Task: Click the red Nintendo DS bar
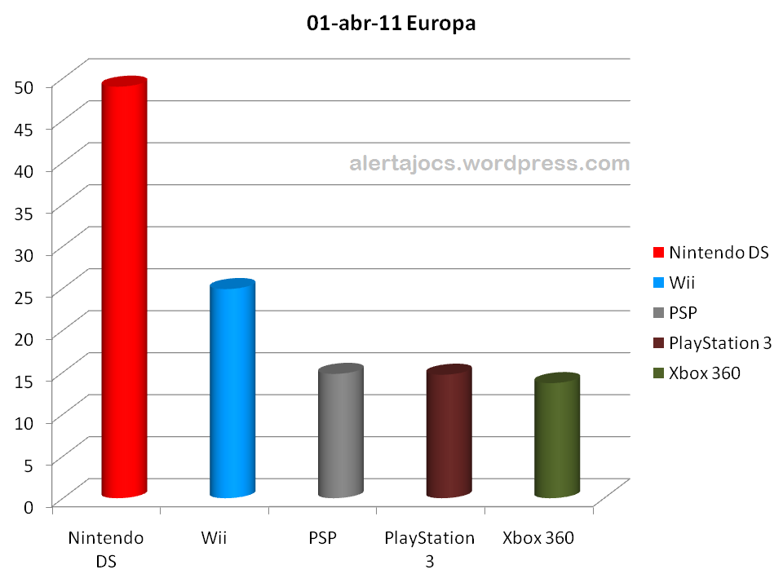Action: [x=123, y=289]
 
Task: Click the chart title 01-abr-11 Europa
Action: [x=391, y=24]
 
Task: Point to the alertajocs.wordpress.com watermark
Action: [x=489, y=163]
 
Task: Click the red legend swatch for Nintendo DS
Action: [x=657, y=253]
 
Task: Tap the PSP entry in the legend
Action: [x=683, y=313]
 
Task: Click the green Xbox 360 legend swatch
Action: [x=657, y=373]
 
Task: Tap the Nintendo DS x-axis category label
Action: [x=106, y=549]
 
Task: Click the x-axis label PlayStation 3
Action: [x=429, y=549]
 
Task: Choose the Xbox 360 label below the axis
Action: [x=538, y=538]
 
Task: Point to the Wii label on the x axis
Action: [x=214, y=538]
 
